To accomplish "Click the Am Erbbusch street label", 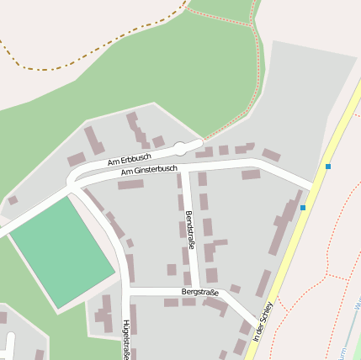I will click(130, 158).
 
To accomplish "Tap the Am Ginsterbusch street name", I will click(149, 171).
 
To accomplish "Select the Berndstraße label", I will click(189, 230).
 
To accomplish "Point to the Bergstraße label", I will click(199, 292).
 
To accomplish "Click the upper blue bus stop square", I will click(328, 167).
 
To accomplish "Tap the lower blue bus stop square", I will click(302, 207).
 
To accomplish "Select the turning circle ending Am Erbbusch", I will click(179, 150).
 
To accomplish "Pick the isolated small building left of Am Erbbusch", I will click(13, 200).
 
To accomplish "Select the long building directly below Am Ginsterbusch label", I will click(130, 184).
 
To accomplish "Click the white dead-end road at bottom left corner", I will click(10, 345).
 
